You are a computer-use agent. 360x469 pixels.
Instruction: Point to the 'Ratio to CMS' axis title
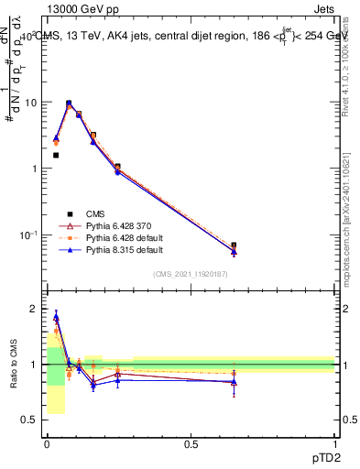click(x=14, y=365)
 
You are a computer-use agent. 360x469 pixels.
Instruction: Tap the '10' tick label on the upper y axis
click(x=31, y=103)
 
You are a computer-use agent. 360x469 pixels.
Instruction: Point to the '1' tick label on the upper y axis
click(x=35, y=169)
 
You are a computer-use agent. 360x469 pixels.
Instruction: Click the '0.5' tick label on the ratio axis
click(x=30, y=420)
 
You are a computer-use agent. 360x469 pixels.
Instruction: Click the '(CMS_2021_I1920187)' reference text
click(x=190, y=274)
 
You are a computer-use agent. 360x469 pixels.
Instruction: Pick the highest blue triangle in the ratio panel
click(x=56, y=317)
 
